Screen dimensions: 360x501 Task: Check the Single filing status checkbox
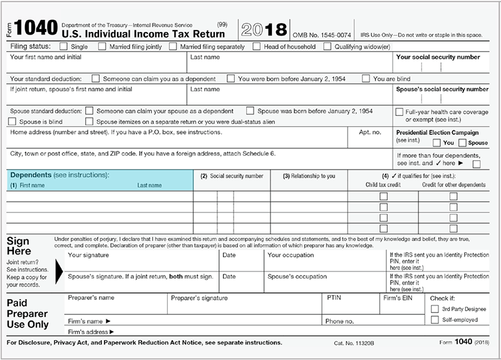point(64,46)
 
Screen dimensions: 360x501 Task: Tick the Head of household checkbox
point(257,46)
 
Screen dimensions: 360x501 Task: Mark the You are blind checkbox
point(366,79)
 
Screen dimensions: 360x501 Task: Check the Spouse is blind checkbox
point(13,121)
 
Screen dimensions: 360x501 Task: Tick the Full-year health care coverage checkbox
point(400,111)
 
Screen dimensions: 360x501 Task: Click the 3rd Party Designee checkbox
point(435,309)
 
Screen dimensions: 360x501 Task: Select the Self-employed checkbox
point(435,320)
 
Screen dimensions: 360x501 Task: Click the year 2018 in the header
point(265,29)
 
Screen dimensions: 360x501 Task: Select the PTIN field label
point(334,298)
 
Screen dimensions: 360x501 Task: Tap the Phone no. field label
point(339,321)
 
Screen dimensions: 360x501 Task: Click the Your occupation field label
point(290,255)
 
